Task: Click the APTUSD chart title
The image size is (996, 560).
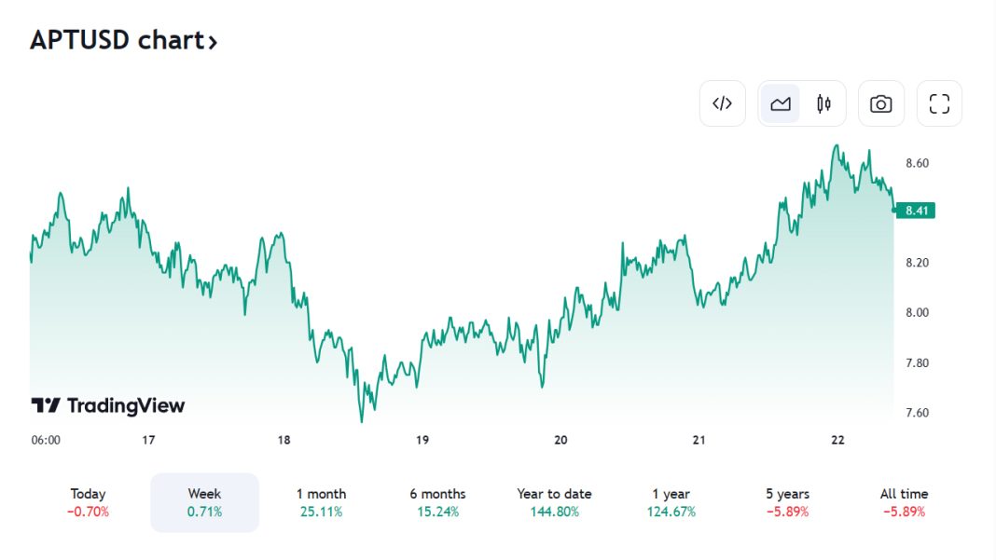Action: pos(123,41)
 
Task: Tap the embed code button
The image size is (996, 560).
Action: pos(723,103)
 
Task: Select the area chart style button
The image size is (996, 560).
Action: pos(781,103)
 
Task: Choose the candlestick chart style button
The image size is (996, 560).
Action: pos(823,103)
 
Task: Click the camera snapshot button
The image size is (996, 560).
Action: pos(880,103)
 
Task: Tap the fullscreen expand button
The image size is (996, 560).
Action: pos(939,103)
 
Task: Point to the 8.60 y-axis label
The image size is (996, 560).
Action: pos(918,163)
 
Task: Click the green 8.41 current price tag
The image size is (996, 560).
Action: pos(918,211)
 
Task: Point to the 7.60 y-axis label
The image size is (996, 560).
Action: pos(918,413)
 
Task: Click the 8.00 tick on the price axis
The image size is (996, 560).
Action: pos(918,312)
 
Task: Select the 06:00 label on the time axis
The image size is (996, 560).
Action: pos(46,440)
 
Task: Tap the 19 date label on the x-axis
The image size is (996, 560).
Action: pos(422,440)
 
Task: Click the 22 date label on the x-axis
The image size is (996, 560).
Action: pos(837,440)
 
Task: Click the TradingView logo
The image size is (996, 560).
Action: pos(108,405)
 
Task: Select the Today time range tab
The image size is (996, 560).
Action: pos(88,502)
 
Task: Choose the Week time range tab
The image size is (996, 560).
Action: pos(204,502)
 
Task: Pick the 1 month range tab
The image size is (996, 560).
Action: pos(321,502)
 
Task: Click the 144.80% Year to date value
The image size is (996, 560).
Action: pos(554,512)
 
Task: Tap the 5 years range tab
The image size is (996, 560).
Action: pos(787,502)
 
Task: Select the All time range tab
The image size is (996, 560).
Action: pos(904,502)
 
